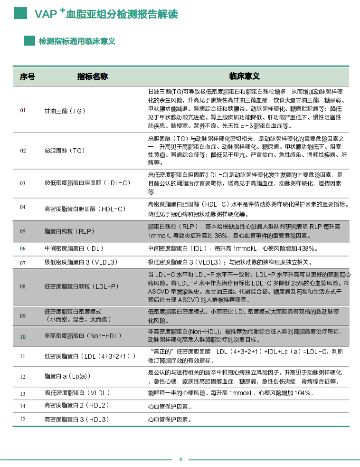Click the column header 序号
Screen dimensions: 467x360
click(x=27, y=76)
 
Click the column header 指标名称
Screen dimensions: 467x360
click(x=93, y=76)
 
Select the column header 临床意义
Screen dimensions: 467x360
click(x=244, y=76)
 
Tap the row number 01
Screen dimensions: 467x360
click(x=23, y=110)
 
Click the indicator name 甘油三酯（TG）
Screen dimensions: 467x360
click(x=65, y=111)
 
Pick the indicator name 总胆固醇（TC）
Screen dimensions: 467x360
click(x=65, y=151)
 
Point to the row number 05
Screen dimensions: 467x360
click(x=23, y=231)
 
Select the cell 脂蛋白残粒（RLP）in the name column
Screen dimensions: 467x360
click(x=69, y=231)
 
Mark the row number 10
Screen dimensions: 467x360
click(x=23, y=337)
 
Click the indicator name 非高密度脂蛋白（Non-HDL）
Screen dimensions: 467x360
click(x=83, y=336)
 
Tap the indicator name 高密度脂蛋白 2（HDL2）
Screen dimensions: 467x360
click(x=77, y=406)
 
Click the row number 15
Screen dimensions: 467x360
click(x=23, y=419)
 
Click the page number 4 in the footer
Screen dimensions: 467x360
click(x=180, y=459)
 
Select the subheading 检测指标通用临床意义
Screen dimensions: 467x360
click(x=77, y=41)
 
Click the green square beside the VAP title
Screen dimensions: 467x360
click(x=20, y=13)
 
